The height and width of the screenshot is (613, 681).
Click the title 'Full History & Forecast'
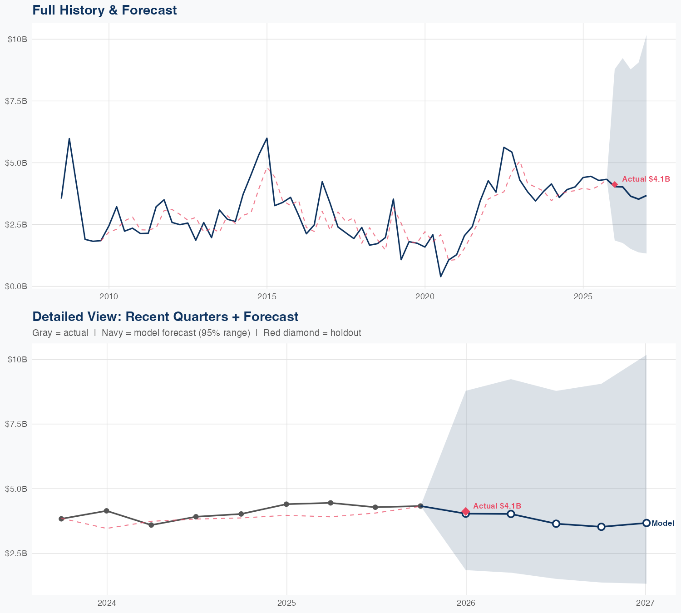pos(104,10)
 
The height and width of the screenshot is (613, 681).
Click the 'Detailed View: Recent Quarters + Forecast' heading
pos(165,316)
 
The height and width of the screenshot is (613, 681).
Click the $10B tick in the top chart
pos(17,39)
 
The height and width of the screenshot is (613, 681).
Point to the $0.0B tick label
pos(16,286)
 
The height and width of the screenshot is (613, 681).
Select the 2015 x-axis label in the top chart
pos(266,297)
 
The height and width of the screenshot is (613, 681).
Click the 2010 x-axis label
pos(109,297)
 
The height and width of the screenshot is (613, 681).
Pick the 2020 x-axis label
pos(425,297)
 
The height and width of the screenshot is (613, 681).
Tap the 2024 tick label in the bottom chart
pos(107,603)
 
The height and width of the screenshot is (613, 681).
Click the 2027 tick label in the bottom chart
pos(645,603)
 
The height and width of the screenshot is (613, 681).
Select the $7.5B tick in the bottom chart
pos(16,424)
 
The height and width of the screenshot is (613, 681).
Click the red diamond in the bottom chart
pos(466,512)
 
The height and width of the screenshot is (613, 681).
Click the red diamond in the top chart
pos(615,184)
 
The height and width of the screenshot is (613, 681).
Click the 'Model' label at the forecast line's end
pos(663,524)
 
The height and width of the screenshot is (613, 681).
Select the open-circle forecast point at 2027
pos(646,523)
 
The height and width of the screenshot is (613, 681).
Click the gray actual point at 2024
pos(107,511)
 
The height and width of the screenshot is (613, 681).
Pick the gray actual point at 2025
pos(286,504)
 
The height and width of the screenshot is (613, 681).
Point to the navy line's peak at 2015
pos(266,138)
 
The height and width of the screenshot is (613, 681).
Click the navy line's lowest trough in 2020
pos(440,276)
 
